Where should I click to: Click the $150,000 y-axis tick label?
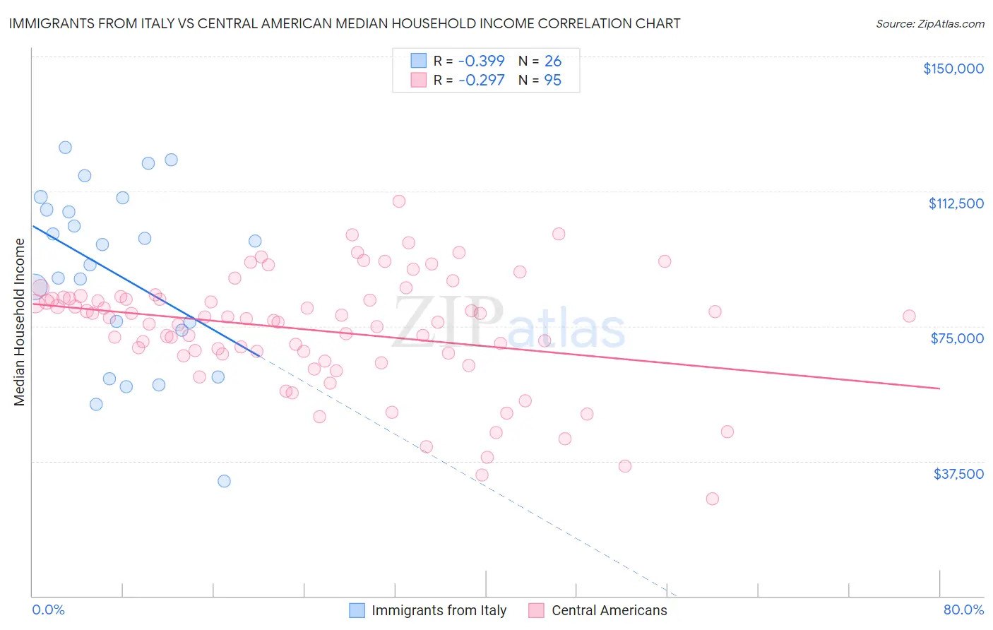click(953, 69)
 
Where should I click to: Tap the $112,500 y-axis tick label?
click(956, 203)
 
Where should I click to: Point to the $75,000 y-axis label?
click(957, 338)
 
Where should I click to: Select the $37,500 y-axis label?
click(958, 474)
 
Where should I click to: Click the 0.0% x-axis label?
click(48, 610)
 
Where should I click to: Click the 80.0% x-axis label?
click(963, 610)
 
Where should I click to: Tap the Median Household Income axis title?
click(20, 322)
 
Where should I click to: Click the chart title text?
click(344, 23)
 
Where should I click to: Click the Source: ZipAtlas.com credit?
click(929, 24)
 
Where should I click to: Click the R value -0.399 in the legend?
click(481, 61)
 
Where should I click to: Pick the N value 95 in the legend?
click(552, 81)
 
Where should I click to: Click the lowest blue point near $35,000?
click(224, 481)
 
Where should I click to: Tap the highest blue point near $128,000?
click(65, 148)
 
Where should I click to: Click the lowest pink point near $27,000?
click(712, 499)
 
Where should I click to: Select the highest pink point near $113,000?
click(399, 201)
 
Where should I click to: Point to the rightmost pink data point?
click(909, 316)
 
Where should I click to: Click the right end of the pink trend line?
click(939, 388)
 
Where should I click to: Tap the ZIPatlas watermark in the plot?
click(509, 323)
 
